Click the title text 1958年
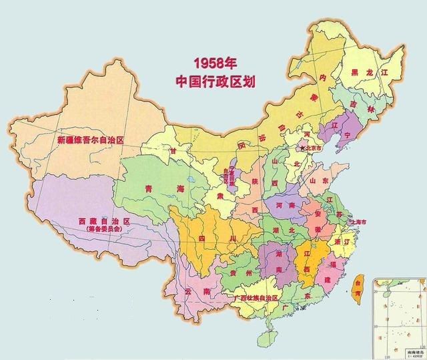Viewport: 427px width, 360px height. [x=215, y=64]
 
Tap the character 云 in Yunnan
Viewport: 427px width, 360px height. [x=189, y=291]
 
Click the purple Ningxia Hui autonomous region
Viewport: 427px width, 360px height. [x=231, y=178]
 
